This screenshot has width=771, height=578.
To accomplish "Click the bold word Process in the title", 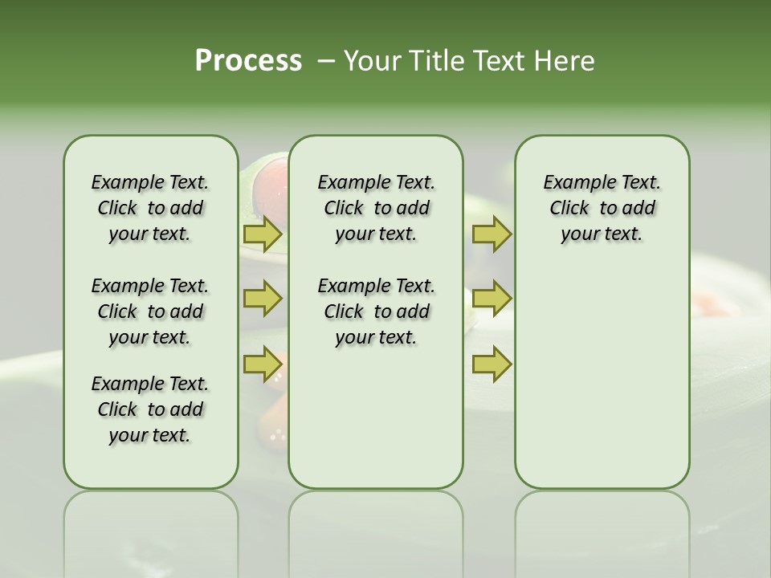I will pyautogui.click(x=248, y=61).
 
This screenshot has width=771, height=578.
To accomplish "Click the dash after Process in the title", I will pyautogui.click(x=326, y=61).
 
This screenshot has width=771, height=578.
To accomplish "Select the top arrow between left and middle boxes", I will pyautogui.click(x=263, y=234).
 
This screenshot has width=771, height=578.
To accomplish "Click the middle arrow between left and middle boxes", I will pyautogui.click(x=263, y=299).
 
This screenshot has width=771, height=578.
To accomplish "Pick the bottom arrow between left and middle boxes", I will pyautogui.click(x=263, y=364).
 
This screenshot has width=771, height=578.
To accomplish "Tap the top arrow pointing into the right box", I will pyautogui.click(x=492, y=234).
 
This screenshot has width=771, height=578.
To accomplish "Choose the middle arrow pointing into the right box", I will pyautogui.click(x=492, y=299).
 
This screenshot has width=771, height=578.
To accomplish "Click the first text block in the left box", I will pyautogui.click(x=150, y=208).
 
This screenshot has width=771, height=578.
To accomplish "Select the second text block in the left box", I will pyautogui.click(x=150, y=311).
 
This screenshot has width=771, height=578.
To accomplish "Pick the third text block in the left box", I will pyautogui.click(x=150, y=409).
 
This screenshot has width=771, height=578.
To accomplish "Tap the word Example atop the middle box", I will pyautogui.click(x=347, y=182).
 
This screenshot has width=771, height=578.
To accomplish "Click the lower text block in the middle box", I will pyautogui.click(x=376, y=311).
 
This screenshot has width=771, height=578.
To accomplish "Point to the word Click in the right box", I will pyautogui.click(x=569, y=208).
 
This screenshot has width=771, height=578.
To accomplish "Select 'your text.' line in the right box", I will pyautogui.click(x=602, y=234).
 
